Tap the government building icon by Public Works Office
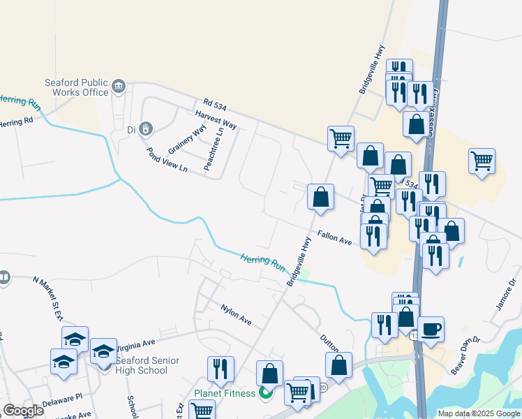click(x=118, y=87)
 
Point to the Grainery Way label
click(x=188, y=140)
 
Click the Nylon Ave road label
click(x=236, y=314)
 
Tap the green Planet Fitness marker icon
click(x=265, y=392)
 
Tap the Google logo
click(x=23, y=411)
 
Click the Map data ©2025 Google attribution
click(x=478, y=413)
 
